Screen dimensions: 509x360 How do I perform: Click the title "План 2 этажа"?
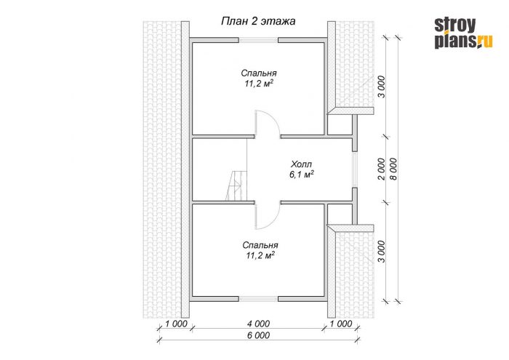[258, 21]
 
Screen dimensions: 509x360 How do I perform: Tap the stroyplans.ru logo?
[463, 33]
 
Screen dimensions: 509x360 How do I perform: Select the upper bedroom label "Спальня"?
[259, 73]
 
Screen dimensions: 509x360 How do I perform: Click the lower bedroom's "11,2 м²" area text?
[260, 255]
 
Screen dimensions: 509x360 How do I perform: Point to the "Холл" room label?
[302, 164]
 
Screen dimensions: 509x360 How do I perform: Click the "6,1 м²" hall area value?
[302, 175]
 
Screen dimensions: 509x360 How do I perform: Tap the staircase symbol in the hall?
[236, 186]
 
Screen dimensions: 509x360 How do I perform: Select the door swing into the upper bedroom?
[267, 123]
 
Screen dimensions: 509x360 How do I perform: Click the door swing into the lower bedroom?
[267, 216]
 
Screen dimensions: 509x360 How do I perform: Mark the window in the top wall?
[259, 40]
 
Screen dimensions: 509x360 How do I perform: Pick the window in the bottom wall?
[259, 299]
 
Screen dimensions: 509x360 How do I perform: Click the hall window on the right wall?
[355, 169]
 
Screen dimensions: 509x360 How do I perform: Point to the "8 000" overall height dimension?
[394, 169]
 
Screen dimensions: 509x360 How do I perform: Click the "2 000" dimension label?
[382, 169]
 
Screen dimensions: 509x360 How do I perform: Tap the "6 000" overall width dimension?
[258, 335]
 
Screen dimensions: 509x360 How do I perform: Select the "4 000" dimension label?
[258, 324]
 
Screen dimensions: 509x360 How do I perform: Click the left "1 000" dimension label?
[176, 324]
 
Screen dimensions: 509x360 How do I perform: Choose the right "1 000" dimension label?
[341, 324]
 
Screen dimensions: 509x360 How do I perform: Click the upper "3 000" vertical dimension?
[382, 87]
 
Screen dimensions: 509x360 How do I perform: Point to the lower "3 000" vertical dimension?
[382, 251]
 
